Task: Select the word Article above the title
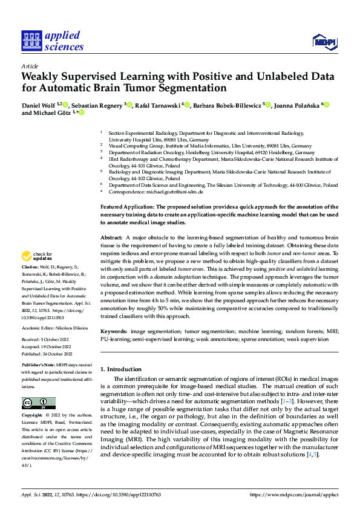coord(30,66)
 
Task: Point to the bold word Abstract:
coord(113,239)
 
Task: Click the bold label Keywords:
coord(114,332)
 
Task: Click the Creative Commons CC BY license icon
coord(38,403)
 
